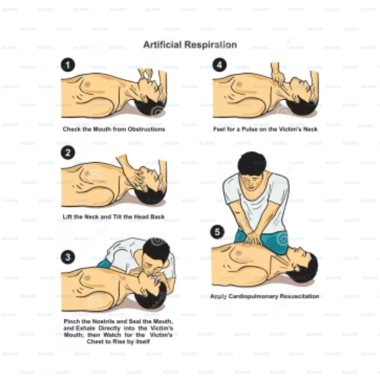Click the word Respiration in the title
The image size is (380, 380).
[x=211, y=45]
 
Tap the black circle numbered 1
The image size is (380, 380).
[x=68, y=65]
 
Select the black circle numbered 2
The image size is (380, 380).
[x=68, y=153]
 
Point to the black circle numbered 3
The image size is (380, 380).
[x=68, y=257]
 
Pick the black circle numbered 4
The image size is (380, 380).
[x=219, y=65]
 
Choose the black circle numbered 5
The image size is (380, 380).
[x=217, y=232]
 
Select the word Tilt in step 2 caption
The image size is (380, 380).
[x=117, y=217]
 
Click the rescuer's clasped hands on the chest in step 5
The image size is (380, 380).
[x=252, y=239]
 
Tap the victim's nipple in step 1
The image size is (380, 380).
[x=87, y=84]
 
